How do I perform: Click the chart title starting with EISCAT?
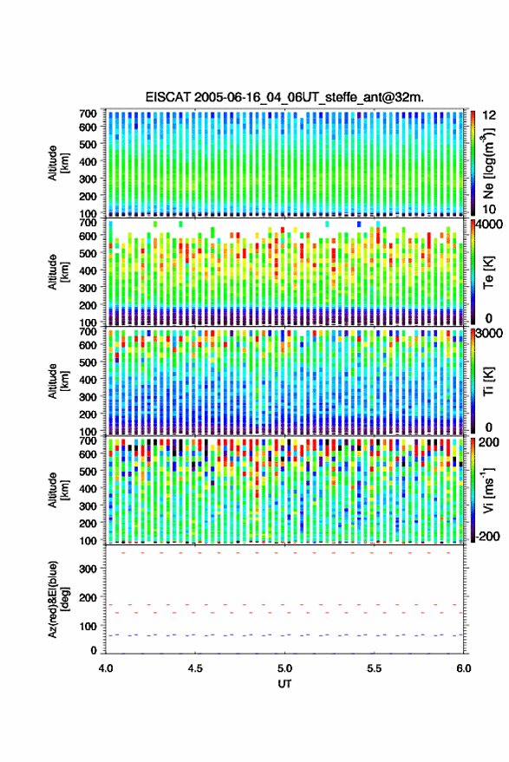pos(284,97)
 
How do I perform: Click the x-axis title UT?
pos(284,684)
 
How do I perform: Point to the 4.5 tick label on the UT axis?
pos(195,668)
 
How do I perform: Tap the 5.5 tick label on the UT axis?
pos(374,668)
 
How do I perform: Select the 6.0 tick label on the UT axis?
pos(464,668)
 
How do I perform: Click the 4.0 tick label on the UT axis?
pos(106,668)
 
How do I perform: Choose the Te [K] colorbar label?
pos(488,272)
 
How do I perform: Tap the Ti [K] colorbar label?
pos(488,381)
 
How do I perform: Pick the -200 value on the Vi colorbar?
pos(488,536)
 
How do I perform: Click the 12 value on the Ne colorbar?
pos(489,115)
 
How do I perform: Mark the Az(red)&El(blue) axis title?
pos(58,599)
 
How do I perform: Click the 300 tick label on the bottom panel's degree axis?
pos(88,569)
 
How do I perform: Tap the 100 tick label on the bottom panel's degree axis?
pos(88,627)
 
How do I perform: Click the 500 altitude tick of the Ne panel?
pos(88,144)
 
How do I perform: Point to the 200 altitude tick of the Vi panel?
pos(88,524)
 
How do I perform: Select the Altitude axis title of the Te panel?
pos(58,272)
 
